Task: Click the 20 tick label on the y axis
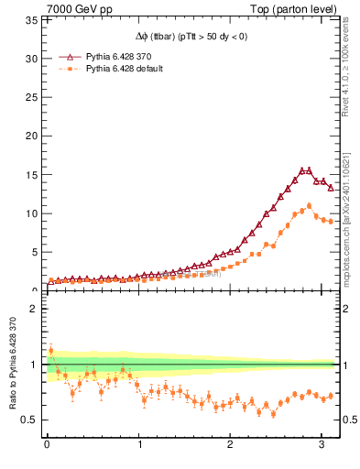pyautogui.click(x=31, y=136)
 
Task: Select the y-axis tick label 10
pyautogui.click(x=31, y=213)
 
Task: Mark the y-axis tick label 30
pyautogui.click(x=31, y=59)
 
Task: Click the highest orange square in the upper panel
pyautogui.click(x=309, y=206)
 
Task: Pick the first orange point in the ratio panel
pyautogui.click(x=51, y=351)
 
